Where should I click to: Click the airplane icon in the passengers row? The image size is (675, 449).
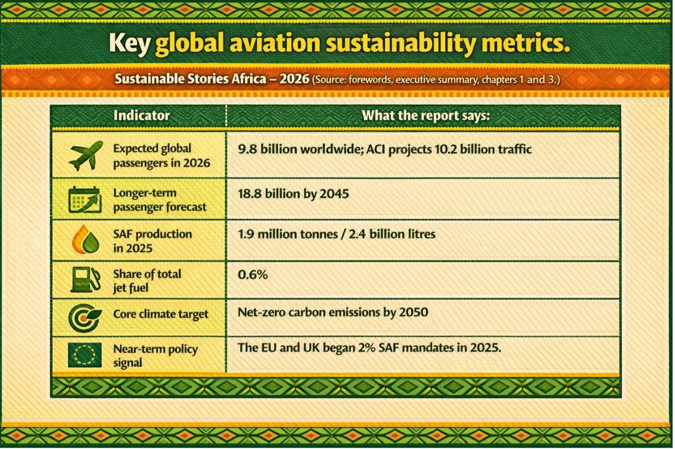pyautogui.click(x=86, y=155)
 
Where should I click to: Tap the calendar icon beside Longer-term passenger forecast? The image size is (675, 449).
pyautogui.click(x=85, y=200)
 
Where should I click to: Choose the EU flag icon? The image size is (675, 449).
pyautogui.click(x=85, y=355)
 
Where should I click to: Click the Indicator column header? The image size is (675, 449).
pyautogui.click(x=141, y=115)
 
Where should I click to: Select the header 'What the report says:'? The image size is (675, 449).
pyautogui.click(x=425, y=115)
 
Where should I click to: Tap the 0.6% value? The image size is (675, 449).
pyautogui.click(x=253, y=275)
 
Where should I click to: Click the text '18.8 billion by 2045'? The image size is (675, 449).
pyautogui.click(x=293, y=194)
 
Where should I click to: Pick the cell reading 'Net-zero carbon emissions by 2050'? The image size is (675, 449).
pyautogui.click(x=333, y=312)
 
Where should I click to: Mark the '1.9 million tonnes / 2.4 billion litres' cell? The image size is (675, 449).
pyautogui.click(x=337, y=234)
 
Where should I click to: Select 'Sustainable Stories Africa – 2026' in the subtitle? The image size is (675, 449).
pyautogui.click(x=212, y=79)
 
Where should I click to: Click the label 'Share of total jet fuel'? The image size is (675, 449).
pyautogui.click(x=147, y=281)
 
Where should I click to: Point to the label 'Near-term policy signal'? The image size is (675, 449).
pyautogui.click(x=155, y=355)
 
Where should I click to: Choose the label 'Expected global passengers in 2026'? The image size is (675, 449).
pyautogui.click(x=161, y=155)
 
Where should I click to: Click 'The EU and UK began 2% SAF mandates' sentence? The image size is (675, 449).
pyautogui.click(x=369, y=348)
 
